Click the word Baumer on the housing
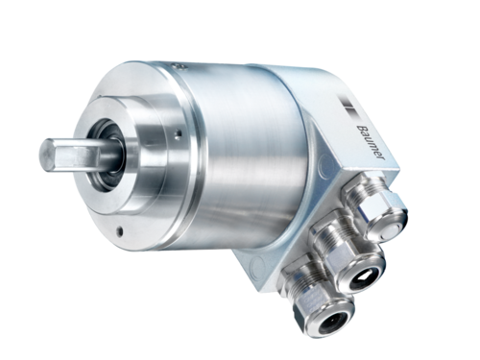(x=372, y=142)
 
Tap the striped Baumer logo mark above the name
(x=349, y=108)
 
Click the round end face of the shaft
(x=47, y=155)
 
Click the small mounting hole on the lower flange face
(x=120, y=231)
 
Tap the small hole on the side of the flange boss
(x=179, y=133)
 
